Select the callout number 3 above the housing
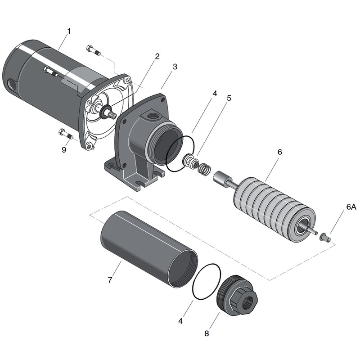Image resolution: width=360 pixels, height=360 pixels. point(175,66)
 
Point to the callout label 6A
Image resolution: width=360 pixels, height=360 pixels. point(351,207)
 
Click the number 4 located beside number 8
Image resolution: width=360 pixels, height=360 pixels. point(180,321)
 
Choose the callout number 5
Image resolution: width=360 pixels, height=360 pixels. point(229,97)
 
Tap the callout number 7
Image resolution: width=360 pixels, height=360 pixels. point(110,280)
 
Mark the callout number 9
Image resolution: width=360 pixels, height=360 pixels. point(64,149)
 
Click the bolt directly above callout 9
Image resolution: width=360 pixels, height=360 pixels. point(66,134)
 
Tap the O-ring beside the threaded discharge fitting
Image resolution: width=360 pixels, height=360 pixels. point(207,281)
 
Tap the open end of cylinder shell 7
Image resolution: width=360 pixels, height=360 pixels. point(182,268)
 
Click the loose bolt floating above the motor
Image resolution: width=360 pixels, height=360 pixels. point(93,49)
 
